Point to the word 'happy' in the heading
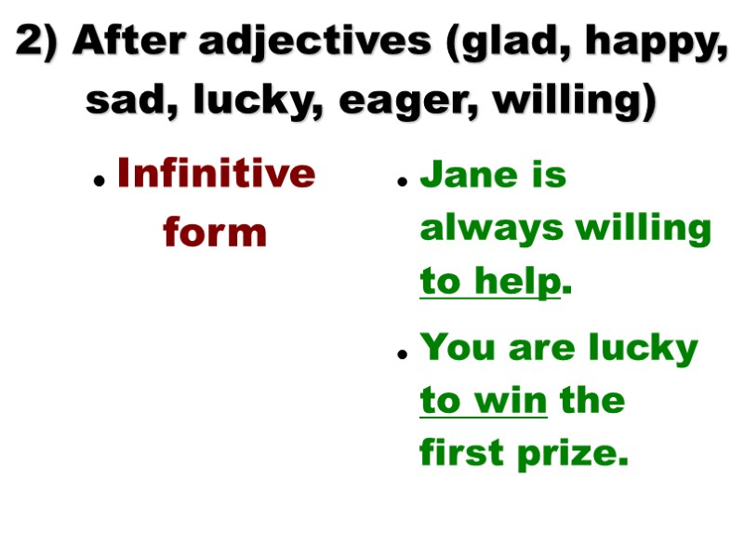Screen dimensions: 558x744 coord(654,42)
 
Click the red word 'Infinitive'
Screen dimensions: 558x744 coord(217,174)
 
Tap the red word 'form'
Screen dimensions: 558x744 coord(215,232)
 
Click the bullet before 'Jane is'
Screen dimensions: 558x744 coord(403,182)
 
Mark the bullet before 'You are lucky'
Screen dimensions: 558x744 coord(403,355)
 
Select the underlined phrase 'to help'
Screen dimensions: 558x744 coord(490,282)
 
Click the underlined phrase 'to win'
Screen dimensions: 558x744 coord(484,401)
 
